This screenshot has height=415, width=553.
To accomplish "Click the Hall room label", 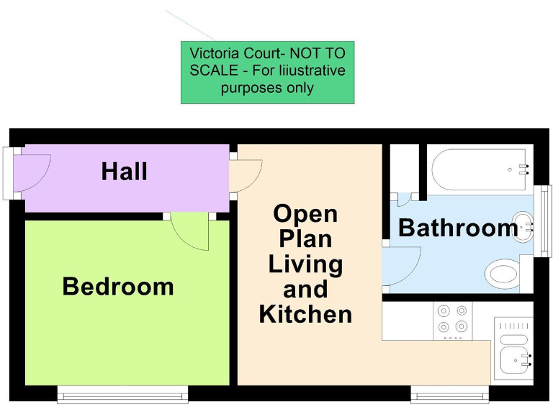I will click(x=124, y=171).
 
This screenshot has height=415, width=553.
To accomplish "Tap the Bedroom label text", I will click(x=118, y=286).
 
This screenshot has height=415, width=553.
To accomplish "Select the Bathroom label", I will click(x=457, y=228).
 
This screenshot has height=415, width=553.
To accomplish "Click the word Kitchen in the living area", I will click(x=305, y=314).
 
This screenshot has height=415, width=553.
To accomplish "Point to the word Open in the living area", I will click(x=305, y=213).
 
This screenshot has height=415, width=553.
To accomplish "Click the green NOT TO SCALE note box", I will click(x=267, y=71).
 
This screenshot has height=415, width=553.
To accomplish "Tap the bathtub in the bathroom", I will click(x=480, y=170).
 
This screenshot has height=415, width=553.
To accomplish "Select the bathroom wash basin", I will click(x=523, y=226).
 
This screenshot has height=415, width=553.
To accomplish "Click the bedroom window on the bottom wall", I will click(x=122, y=394).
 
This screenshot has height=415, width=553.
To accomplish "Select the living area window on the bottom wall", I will click(x=449, y=394).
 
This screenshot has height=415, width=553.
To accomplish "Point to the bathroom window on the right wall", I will click(x=547, y=220).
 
